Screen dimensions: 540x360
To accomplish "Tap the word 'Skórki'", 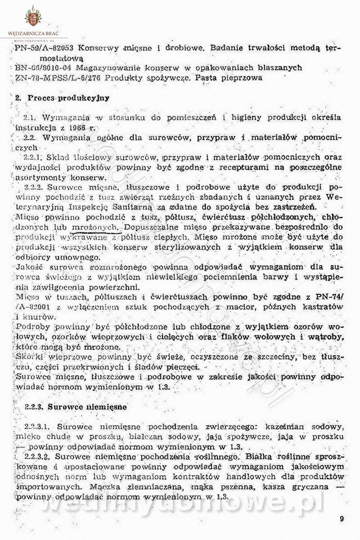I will coord(27,357).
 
